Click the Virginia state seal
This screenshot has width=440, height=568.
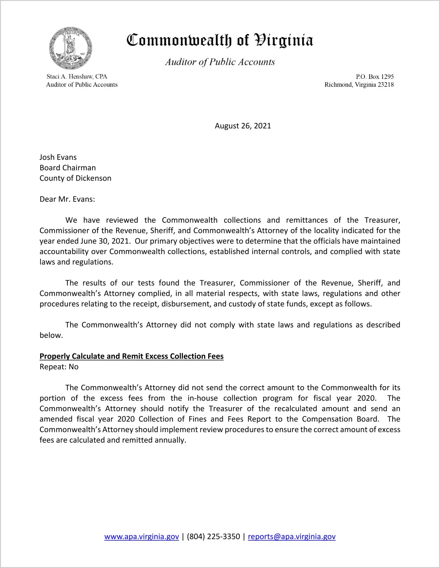[71, 48]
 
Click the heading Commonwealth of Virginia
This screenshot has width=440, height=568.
[220, 41]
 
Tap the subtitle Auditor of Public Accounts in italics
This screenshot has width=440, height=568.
[220, 62]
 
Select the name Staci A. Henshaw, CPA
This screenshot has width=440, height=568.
[77, 76]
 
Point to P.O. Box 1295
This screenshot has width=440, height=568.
[375, 77]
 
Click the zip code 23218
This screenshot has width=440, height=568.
[386, 85]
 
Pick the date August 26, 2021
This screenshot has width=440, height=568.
[243, 126]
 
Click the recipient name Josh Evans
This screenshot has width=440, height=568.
[58, 157]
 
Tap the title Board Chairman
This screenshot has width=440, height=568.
[68, 168]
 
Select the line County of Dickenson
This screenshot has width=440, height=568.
[75, 178]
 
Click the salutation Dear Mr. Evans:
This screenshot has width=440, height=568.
[67, 199]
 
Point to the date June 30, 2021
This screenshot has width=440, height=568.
[105, 241]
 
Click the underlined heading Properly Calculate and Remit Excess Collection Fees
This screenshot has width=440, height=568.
[131, 356]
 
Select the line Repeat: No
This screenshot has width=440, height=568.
[59, 367]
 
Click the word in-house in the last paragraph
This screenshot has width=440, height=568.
[203, 398]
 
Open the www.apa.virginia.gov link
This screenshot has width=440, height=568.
[141, 537]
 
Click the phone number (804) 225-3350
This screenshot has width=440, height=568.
[213, 537]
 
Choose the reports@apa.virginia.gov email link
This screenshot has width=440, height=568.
[292, 537]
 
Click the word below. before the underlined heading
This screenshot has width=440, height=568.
[51, 335]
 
